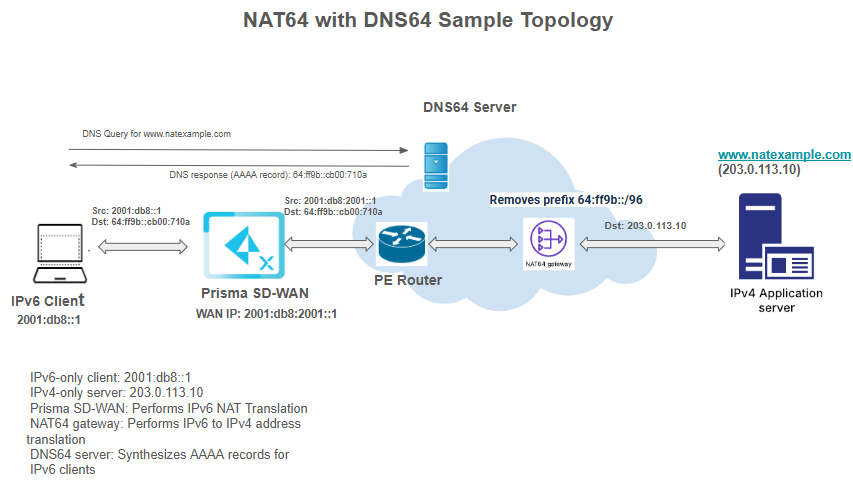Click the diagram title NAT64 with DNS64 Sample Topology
pyautogui.click(x=428, y=20)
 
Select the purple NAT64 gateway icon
pyautogui.click(x=547, y=239)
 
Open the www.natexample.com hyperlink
pyautogui.click(x=784, y=155)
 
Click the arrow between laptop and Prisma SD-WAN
pyautogui.click(x=143, y=245)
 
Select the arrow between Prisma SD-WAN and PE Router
pyautogui.click(x=315, y=244)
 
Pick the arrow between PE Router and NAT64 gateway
pyautogui.click(x=473, y=244)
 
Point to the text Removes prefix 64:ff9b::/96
pyautogui.click(x=565, y=200)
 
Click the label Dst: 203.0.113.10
pyautogui.click(x=645, y=226)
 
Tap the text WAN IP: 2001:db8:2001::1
pyautogui.click(x=266, y=313)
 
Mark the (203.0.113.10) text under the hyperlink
pyautogui.click(x=758, y=170)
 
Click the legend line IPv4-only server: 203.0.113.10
pyautogui.click(x=117, y=393)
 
